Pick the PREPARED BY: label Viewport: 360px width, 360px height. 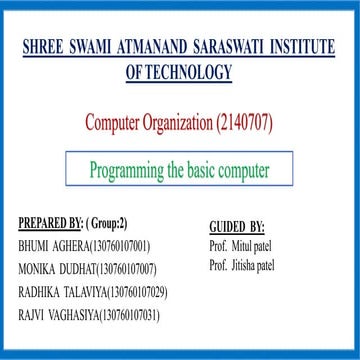tap(51, 221)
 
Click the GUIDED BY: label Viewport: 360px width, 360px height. tap(237, 227)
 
